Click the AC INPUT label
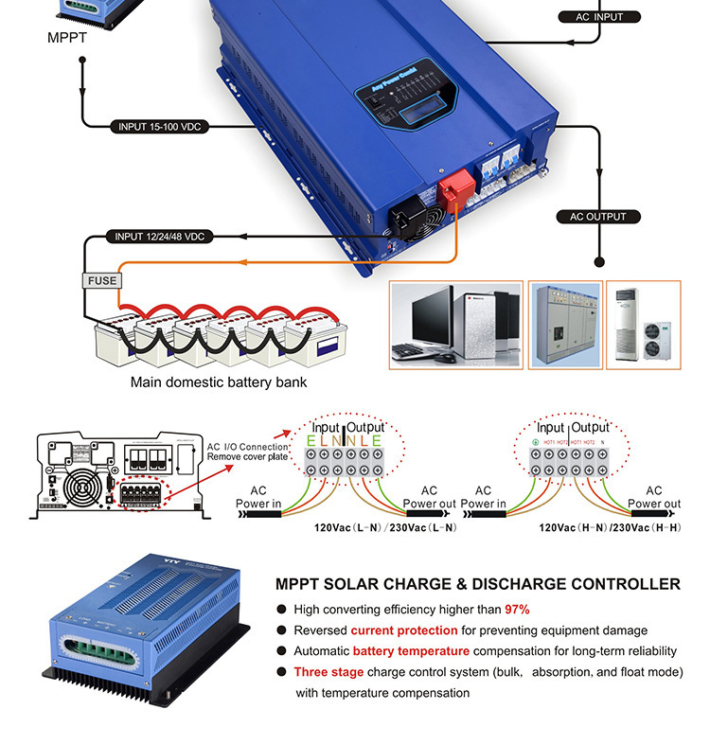595,17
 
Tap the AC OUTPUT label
597,217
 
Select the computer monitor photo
456,324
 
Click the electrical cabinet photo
564,324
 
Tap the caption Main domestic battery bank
219,383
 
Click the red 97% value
517,610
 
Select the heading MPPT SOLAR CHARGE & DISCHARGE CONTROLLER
477,584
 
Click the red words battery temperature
411,651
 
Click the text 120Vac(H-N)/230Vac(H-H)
612,525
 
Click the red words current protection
404,630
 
